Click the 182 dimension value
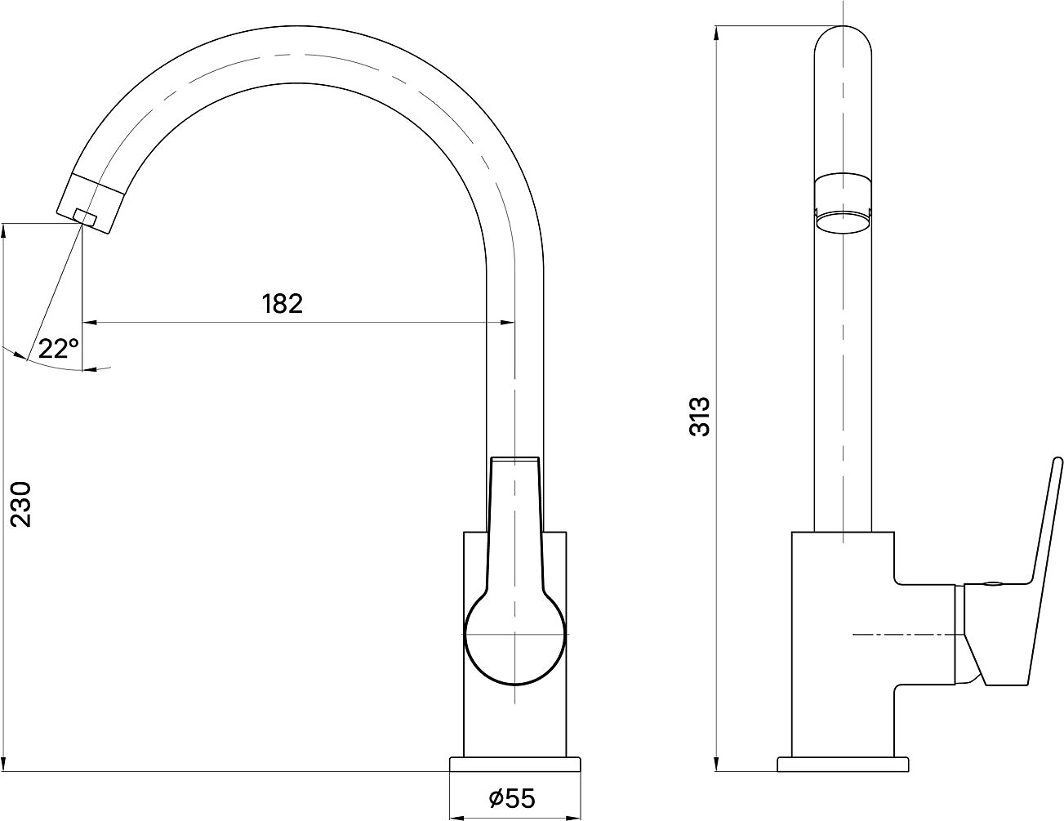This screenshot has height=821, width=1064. (283, 304)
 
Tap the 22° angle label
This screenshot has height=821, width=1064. (58, 349)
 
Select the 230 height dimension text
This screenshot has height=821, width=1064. (21, 505)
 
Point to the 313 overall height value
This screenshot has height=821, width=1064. (699, 417)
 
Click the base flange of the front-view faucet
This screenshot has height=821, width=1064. (514, 764)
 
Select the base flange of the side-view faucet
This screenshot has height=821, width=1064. (843, 764)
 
